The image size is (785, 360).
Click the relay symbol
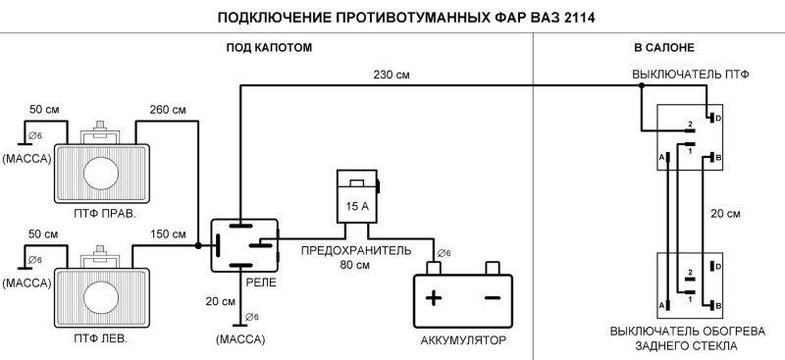(244, 244)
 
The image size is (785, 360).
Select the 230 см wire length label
(391, 75)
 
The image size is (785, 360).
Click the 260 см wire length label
(167, 109)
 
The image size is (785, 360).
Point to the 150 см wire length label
(167, 233)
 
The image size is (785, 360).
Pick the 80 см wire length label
(356, 265)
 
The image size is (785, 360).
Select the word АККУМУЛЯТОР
(462, 341)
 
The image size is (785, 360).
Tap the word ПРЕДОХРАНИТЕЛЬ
(355, 250)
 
